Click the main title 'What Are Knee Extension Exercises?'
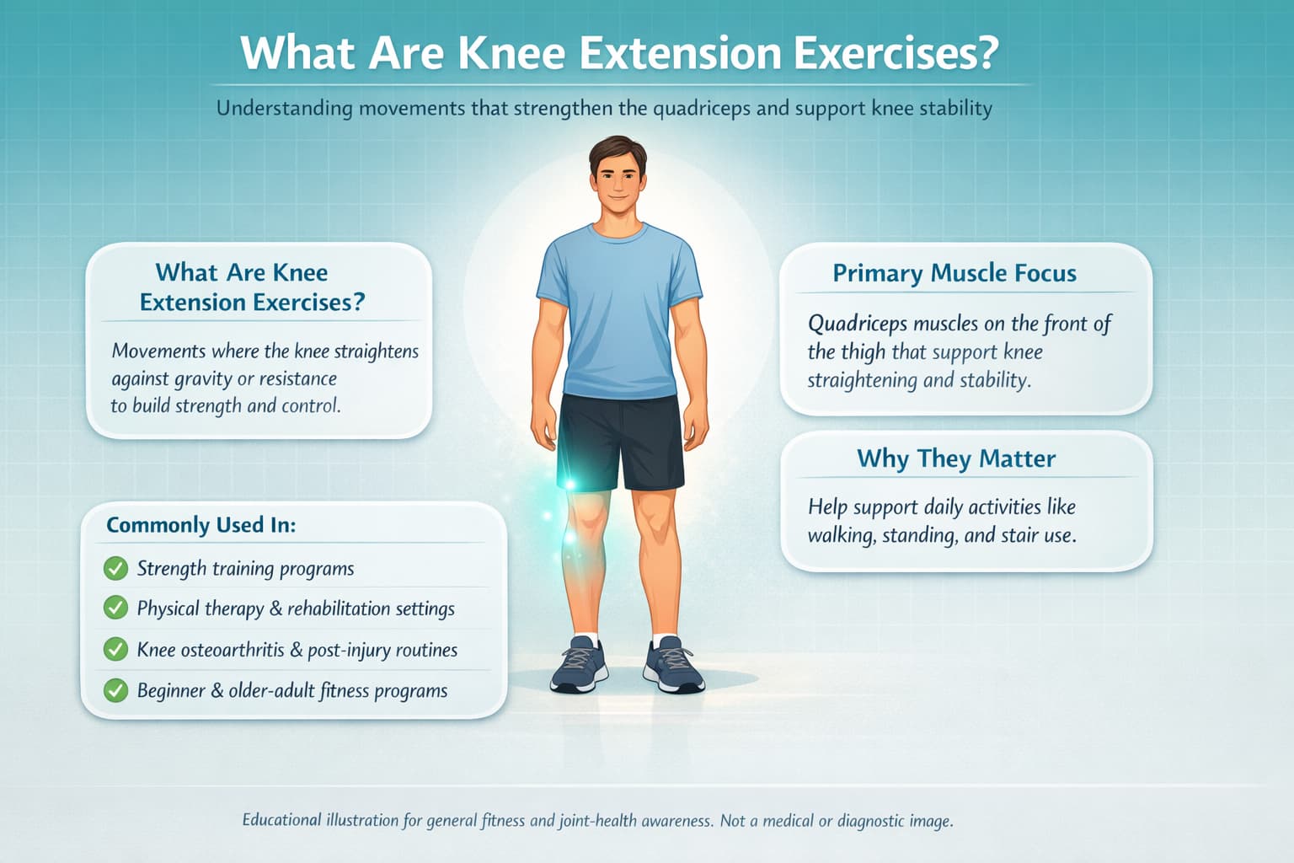point(619,52)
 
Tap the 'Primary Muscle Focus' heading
point(954,273)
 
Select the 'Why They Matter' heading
point(956,458)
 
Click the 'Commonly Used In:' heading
point(201,525)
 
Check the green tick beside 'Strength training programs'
point(115,569)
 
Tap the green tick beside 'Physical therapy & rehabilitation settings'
point(115,608)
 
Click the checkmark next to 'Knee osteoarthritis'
point(115,649)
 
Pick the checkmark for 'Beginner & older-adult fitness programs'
point(115,690)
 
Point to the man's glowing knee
point(583,514)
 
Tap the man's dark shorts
point(620,440)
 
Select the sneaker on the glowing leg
point(579,664)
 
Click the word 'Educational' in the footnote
point(281,820)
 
